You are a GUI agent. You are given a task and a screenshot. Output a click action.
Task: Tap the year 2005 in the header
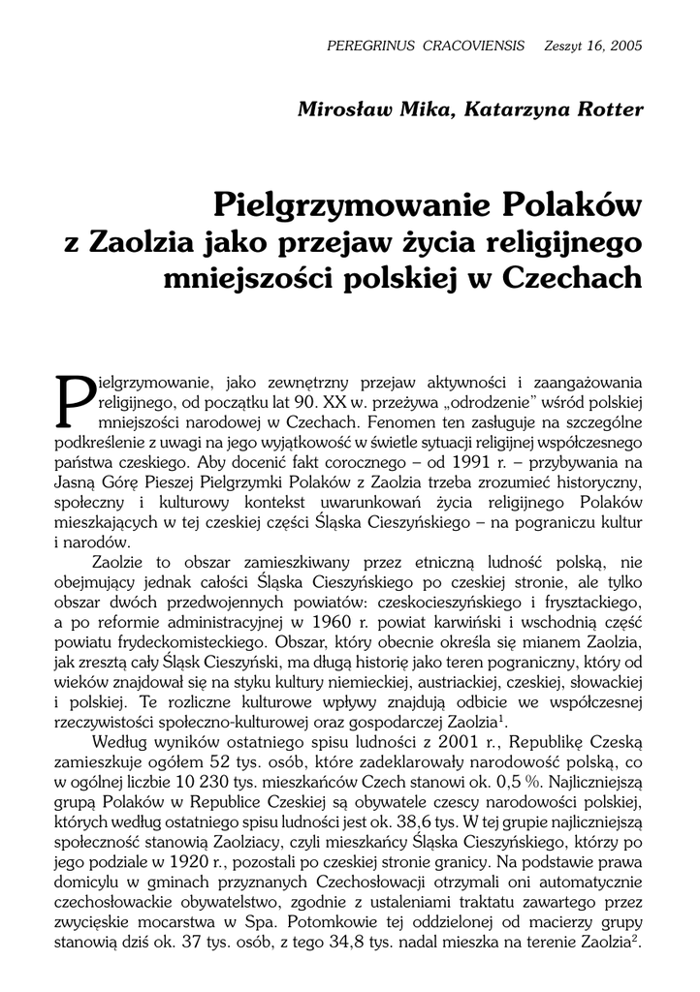pyautogui.click(x=624, y=46)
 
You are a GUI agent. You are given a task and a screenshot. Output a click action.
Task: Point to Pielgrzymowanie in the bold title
pyautogui.click(x=351, y=206)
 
